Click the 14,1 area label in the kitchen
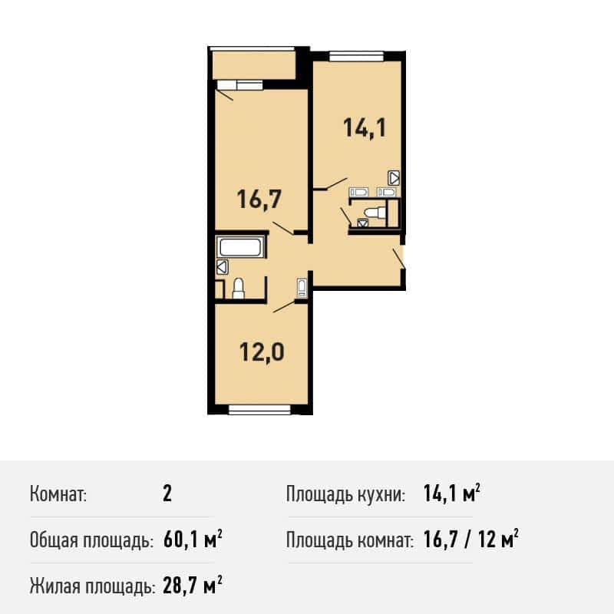coord(365,128)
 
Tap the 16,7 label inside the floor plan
coord(259,199)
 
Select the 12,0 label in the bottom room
coord(262,352)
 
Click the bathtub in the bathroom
coord(240,247)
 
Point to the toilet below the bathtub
coord(239,289)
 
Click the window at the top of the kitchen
coord(356,56)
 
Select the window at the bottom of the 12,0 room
coord(259,410)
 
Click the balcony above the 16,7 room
coord(253,64)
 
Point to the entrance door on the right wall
coord(399,258)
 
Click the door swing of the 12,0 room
coord(284,306)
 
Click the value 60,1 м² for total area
coord(193,540)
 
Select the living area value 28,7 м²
coord(193,586)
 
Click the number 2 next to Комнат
coord(167,494)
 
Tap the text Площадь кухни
coord(345,494)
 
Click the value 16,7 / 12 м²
coord(471,540)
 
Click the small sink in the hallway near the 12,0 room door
coord(302,287)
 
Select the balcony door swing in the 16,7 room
coord(225,95)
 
